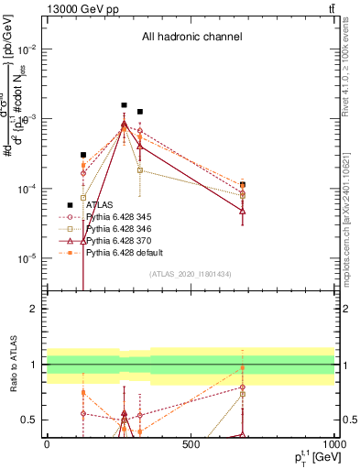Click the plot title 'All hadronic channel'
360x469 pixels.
coord(191,38)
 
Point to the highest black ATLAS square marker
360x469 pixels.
coord(125,105)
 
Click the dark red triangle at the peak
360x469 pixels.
coord(125,125)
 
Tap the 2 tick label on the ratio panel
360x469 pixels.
coord(34,309)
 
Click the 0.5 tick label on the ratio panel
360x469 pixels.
coord(30,420)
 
